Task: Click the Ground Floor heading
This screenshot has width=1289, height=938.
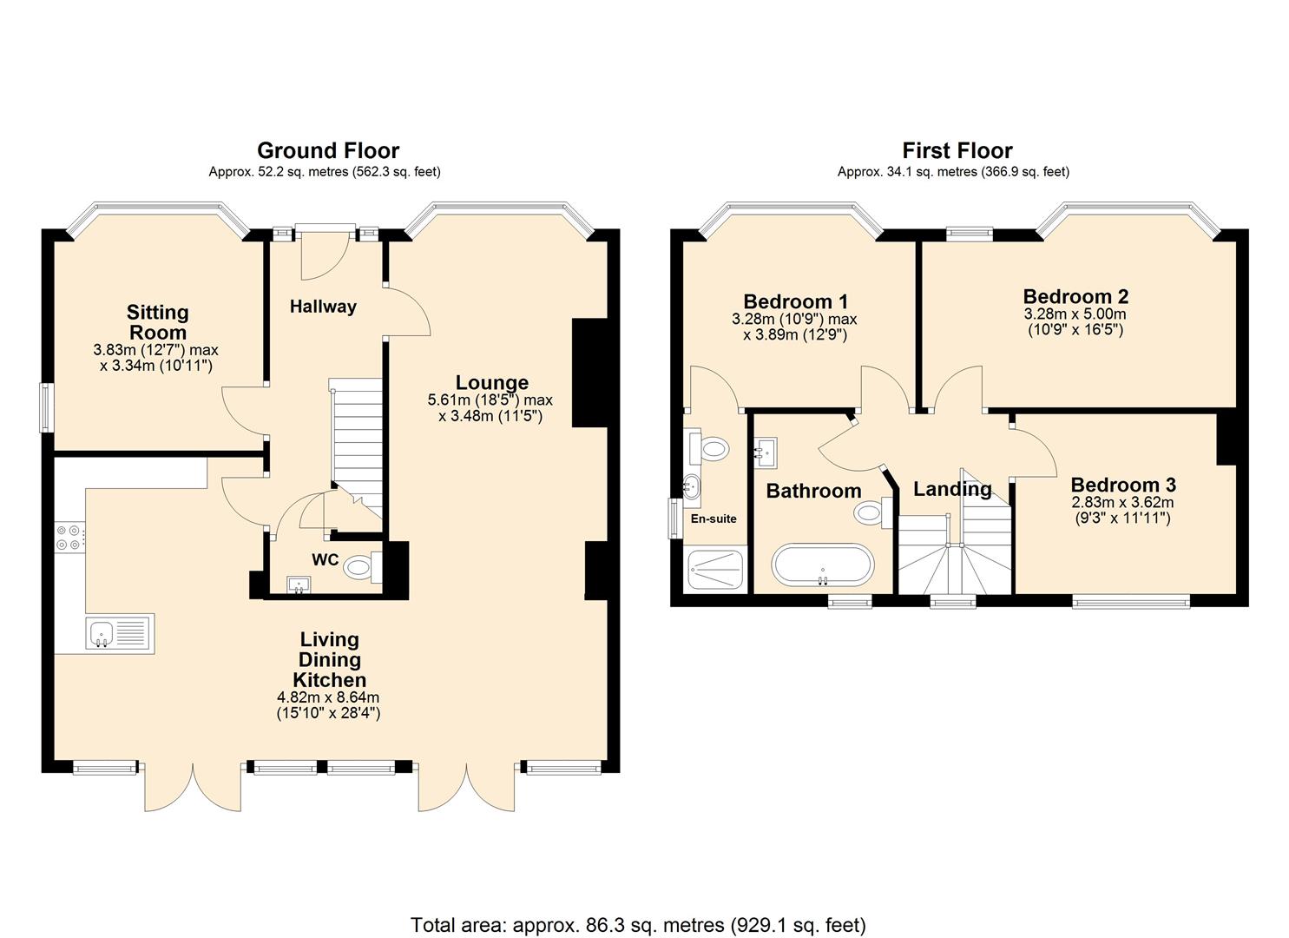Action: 327,150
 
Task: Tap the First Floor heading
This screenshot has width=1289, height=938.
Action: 957,150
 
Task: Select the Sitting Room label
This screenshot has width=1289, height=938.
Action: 157,322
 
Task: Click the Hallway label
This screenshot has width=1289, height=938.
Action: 323,307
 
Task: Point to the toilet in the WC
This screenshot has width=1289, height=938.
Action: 359,569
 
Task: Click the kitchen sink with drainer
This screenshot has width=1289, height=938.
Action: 120,633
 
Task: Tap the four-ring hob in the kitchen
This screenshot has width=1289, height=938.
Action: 70,538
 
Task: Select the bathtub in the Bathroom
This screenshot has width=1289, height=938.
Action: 820,565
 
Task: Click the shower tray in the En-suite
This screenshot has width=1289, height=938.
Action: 715,570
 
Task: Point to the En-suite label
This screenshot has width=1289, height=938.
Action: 714,519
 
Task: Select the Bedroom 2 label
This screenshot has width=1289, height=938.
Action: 1075,296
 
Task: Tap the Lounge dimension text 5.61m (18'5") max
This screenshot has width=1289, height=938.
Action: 490,400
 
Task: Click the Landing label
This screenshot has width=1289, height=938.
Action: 951,489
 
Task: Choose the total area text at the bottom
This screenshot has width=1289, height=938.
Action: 638,924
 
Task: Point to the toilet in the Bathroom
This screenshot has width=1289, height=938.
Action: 870,512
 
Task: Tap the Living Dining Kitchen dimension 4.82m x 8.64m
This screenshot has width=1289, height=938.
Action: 328,697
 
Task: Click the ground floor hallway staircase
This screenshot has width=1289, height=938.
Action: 356,443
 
